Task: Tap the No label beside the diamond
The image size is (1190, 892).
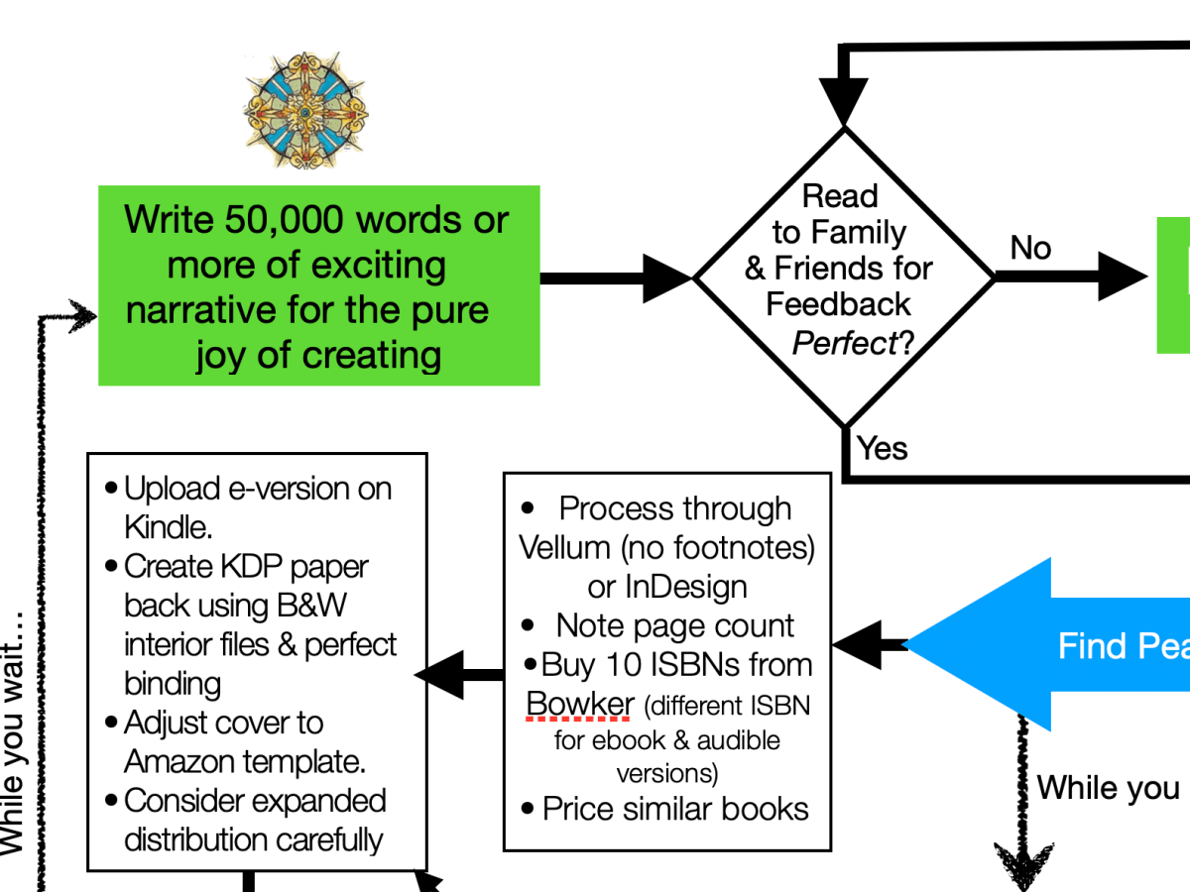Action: click(1030, 248)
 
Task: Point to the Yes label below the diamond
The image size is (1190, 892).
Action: click(883, 448)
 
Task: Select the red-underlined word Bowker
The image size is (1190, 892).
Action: click(580, 704)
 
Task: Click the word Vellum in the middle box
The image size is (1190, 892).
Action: click(566, 547)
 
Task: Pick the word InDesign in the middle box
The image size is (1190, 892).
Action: click(685, 587)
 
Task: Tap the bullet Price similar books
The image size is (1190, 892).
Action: click(675, 809)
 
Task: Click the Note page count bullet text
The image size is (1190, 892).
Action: click(675, 626)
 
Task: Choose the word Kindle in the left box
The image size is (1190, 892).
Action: click(168, 526)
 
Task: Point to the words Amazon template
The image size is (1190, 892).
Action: click(245, 762)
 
